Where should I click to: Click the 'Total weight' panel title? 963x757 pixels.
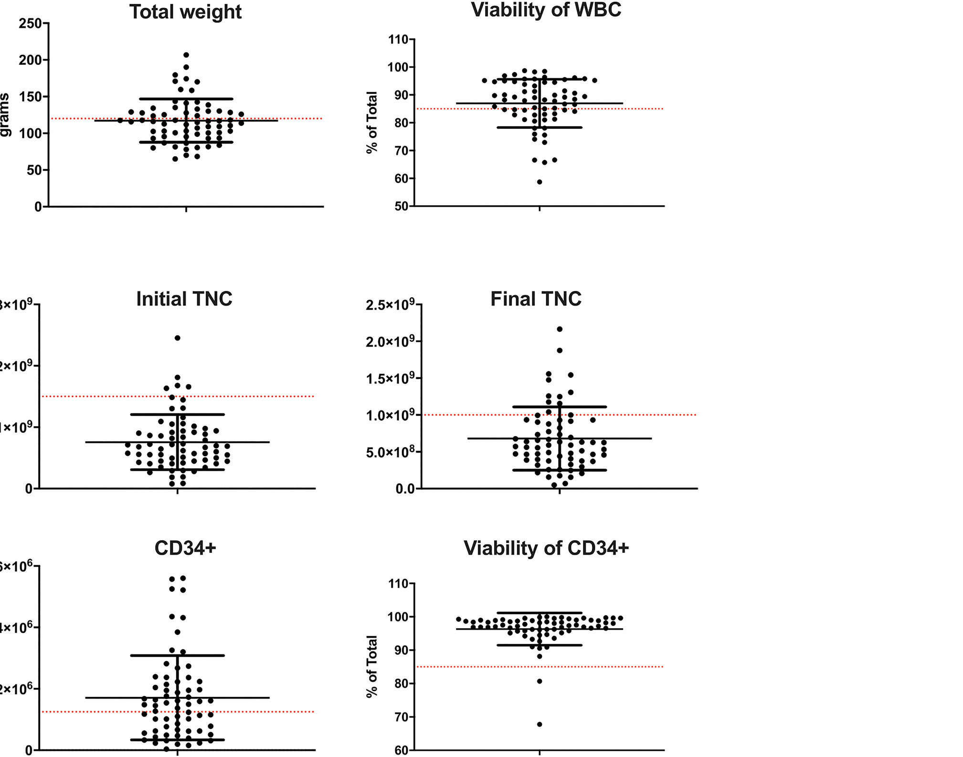tap(185, 12)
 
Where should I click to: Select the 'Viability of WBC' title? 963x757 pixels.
tap(546, 10)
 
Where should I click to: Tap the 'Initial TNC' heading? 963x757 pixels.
tap(184, 299)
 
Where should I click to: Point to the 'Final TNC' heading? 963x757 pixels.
tap(536, 299)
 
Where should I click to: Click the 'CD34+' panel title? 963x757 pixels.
tap(185, 548)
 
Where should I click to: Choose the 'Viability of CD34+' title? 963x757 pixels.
tap(546, 548)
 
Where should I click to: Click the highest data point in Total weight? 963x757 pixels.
tap(186, 55)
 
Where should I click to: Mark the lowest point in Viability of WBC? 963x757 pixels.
tap(540, 182)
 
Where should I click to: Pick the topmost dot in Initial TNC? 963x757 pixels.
tap(178, 338)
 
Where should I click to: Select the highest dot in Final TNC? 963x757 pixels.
tap(560, 329)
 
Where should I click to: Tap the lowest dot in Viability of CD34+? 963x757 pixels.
tap(540, 725)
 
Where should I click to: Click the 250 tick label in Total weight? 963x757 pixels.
tap(30, 23)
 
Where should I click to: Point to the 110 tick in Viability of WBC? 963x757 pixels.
tap(398, 40)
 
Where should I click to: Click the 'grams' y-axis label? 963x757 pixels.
tap(5, 115)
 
